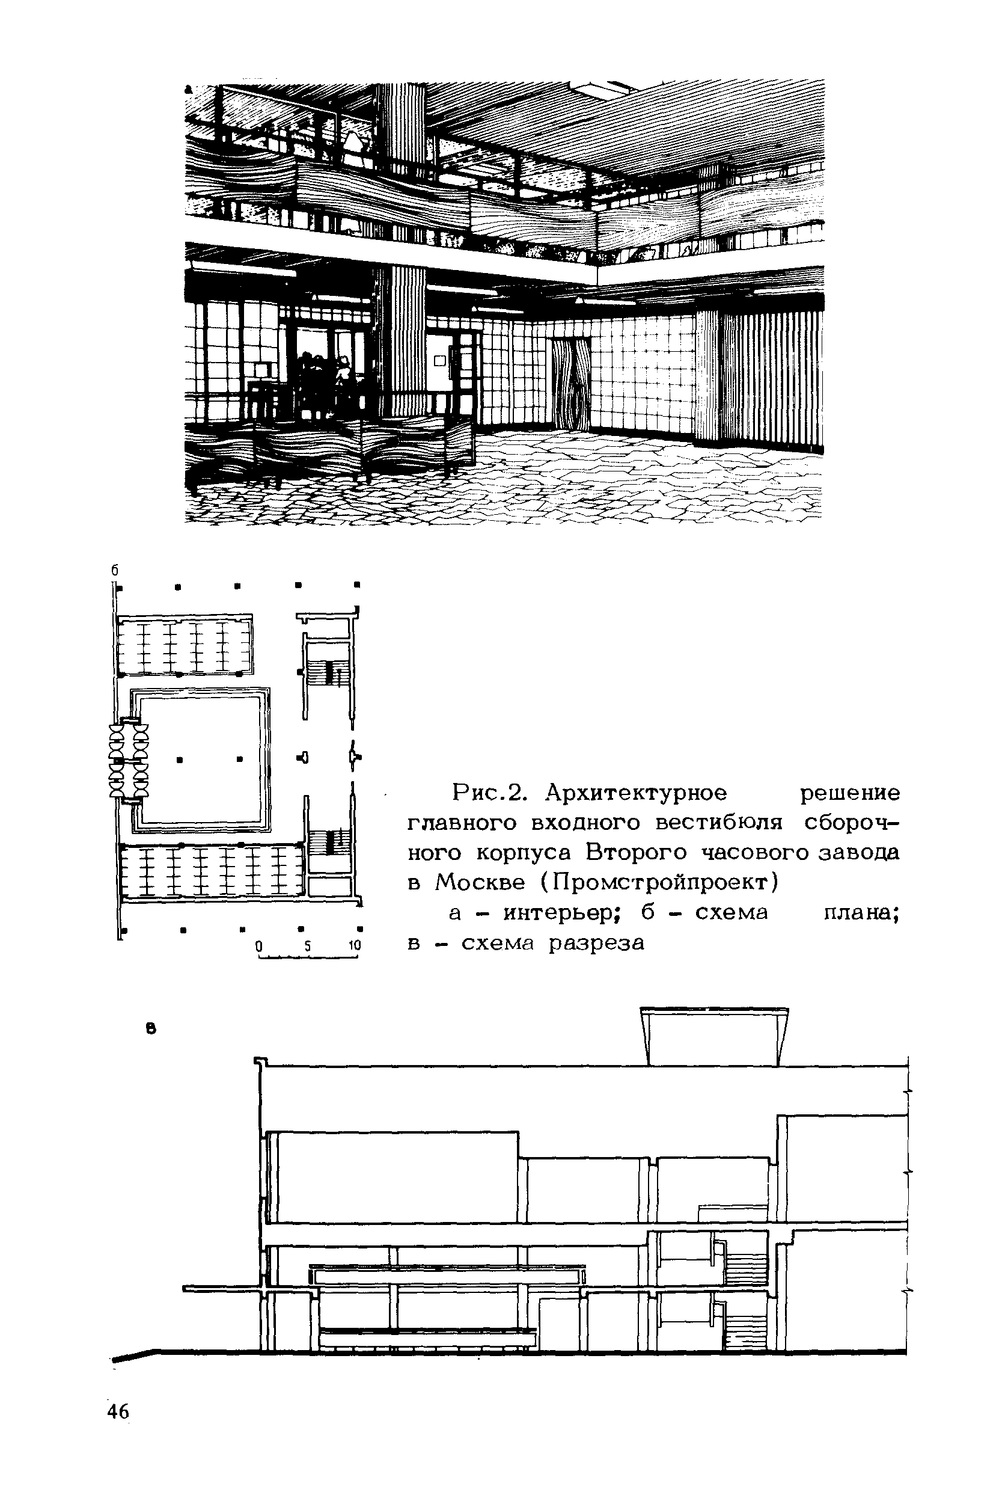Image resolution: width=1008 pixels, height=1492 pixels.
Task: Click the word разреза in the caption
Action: [596, 942]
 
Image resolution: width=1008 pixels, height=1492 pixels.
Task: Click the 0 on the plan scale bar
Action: [258, 947]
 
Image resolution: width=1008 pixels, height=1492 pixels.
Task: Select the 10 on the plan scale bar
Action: [354, 947]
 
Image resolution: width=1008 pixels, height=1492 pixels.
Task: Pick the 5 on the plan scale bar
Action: [308, 947]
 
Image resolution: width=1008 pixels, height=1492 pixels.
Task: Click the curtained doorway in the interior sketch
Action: [570, 385]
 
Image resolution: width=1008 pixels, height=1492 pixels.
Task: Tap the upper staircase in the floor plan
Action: [327, 673]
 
